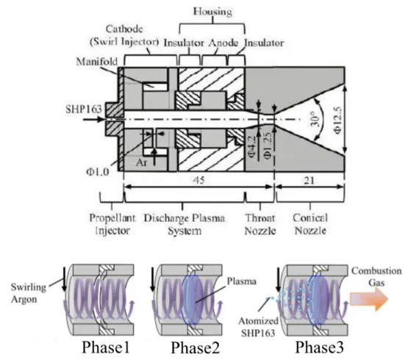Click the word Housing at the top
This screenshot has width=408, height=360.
pyautogui.click(x=212, y=12)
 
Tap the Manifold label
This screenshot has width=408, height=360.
pyautogui.click(x=97, y=62)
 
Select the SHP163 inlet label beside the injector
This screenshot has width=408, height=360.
pyautogui.click(x=84, y=109)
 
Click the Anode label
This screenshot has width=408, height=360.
pyautogui.click(x=223, y=43)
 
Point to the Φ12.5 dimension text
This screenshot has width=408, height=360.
pyautogui.click(x=337, y=120)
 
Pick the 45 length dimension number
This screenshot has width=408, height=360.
pyautogui.click(x=198, y=180)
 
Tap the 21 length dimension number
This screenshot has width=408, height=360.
pyautogui.click(x=309, y=180)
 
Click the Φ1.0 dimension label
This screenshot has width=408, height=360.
pyautogui.click(x=98, y=172)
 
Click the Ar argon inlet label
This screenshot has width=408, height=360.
pyautogui.click(x=142, y=162)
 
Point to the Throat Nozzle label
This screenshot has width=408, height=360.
pyautogui.click(x=260, y=224)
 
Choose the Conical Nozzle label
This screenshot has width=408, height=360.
pyautogui.click(x=310, y=224)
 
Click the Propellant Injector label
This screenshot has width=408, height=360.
pyautogui.click(x=112, y=224)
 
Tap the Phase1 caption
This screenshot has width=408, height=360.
pyautogui.click(x=106, y=348)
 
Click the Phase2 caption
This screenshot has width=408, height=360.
pyautogui.click(x=195, y=348)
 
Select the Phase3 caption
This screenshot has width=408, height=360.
pyautogui.click(x=319, y=348)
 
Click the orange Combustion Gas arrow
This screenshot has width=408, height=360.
pyautogui.click(x=369, y=299)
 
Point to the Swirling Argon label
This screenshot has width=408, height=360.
pyautogui.click(x=29, y=293)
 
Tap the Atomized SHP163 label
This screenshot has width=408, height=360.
pyautogui.click(x=258, y=327)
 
